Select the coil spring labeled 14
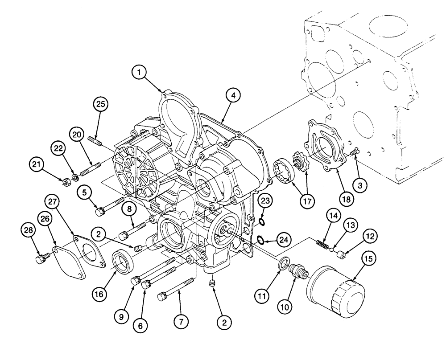322,244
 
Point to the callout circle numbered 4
233,94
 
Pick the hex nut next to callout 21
64,181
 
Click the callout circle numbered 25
101,105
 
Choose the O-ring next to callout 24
260,241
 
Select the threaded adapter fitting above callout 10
296,270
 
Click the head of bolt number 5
99,211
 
